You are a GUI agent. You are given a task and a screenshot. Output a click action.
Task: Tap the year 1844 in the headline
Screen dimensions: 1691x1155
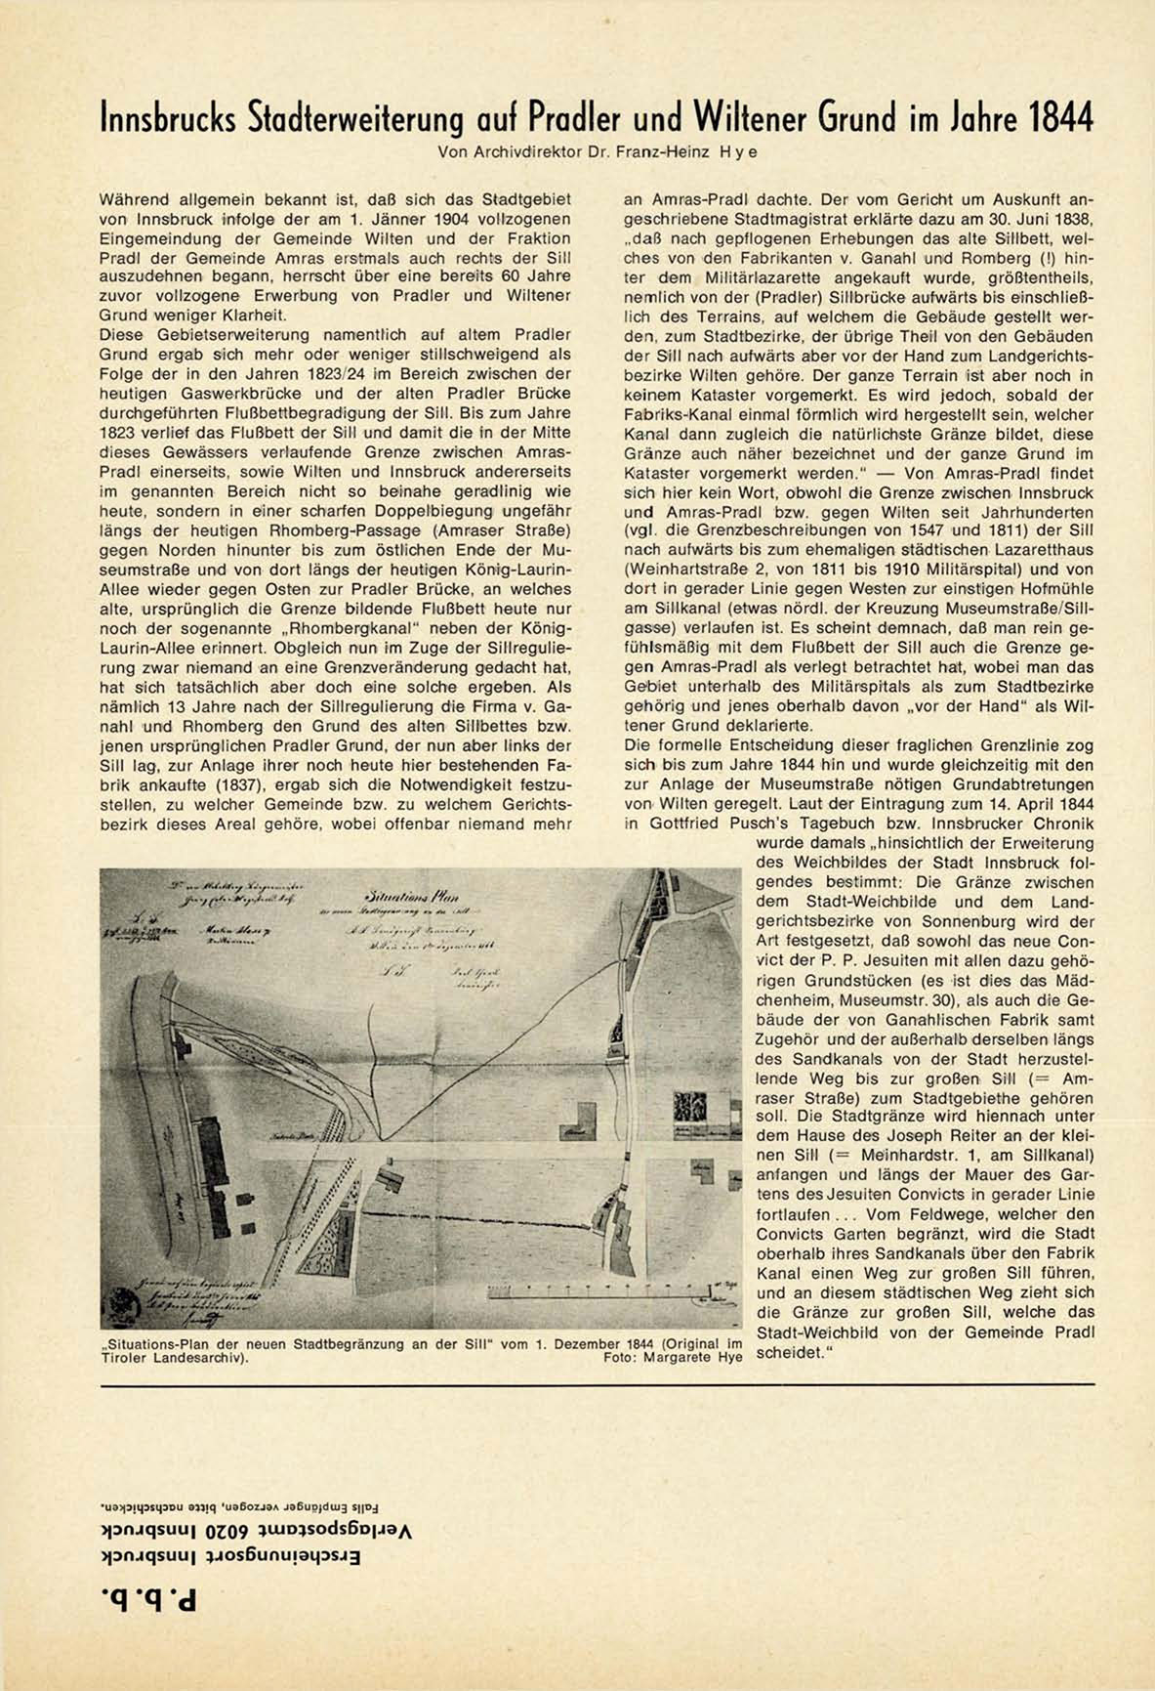(x=1060, y=120)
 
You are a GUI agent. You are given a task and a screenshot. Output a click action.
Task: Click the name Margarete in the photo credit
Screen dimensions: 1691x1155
(x=677, y=1356)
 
